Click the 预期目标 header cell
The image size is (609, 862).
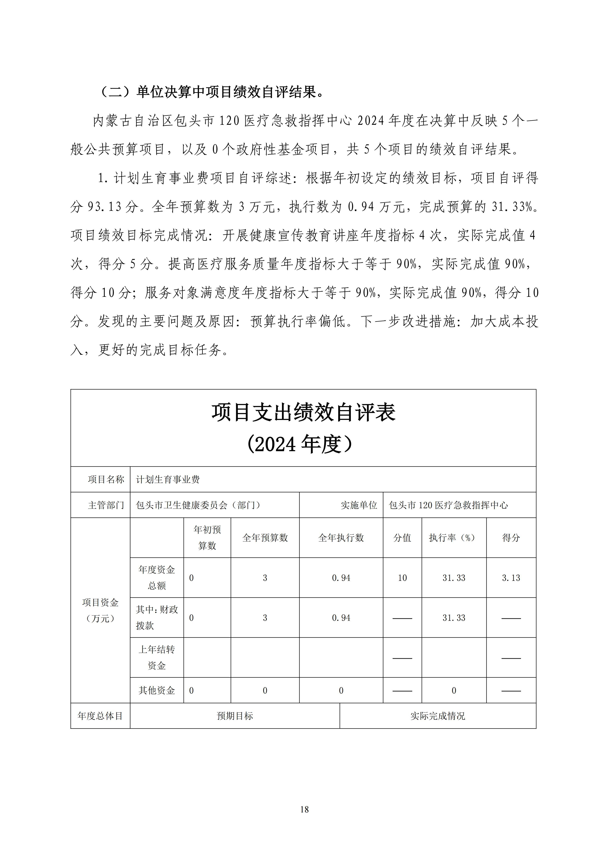coord(235,716)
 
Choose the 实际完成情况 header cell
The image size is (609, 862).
coord(438,716)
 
